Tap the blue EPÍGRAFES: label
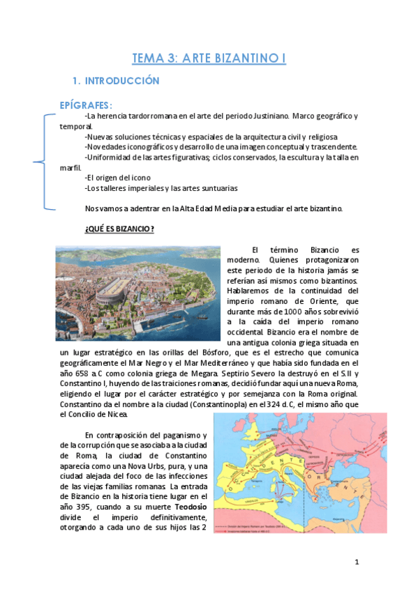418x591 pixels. coord(87,105)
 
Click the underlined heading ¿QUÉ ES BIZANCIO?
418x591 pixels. coord(119,229)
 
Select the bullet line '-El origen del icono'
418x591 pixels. coord(116,177)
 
